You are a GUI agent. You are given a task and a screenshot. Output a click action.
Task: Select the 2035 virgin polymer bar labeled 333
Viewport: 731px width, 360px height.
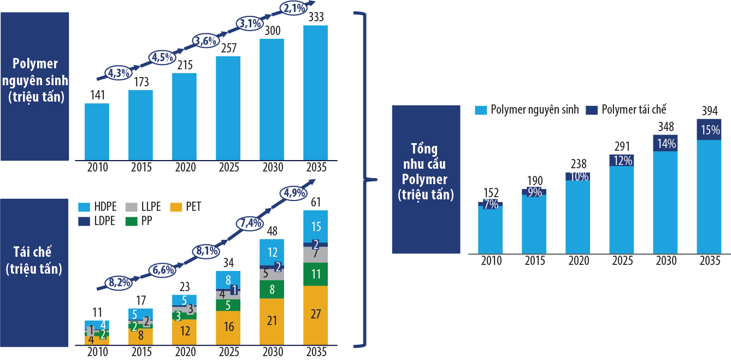[x=315, y=93]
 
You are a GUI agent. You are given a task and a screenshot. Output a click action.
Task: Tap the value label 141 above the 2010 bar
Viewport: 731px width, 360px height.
[x=97, y=95]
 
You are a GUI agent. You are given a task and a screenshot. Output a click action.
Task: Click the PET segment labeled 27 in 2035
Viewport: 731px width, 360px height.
[x=315, y=314]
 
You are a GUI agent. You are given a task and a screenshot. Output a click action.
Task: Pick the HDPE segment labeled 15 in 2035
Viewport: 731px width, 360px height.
[x=315, y=226]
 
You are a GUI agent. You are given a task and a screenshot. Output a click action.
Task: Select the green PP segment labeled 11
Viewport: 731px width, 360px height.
[x=315, y=274]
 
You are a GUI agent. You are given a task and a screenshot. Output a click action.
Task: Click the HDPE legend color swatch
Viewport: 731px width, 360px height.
[x=84, y=207]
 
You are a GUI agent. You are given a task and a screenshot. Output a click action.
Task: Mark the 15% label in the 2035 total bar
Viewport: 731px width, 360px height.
[x=709, y=130]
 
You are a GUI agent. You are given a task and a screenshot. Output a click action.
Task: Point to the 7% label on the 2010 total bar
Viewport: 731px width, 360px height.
[x=490, y=204]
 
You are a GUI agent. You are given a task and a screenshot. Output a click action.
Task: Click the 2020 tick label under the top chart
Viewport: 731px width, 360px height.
[x=184, y=167]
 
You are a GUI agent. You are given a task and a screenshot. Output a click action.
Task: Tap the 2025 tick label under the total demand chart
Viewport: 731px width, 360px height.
[x=621, y=261]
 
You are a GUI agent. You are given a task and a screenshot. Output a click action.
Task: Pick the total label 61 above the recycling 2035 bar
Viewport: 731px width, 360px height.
[x=315, y=203]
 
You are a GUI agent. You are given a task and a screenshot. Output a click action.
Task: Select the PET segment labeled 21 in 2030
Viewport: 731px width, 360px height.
[x=272, y=321]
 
